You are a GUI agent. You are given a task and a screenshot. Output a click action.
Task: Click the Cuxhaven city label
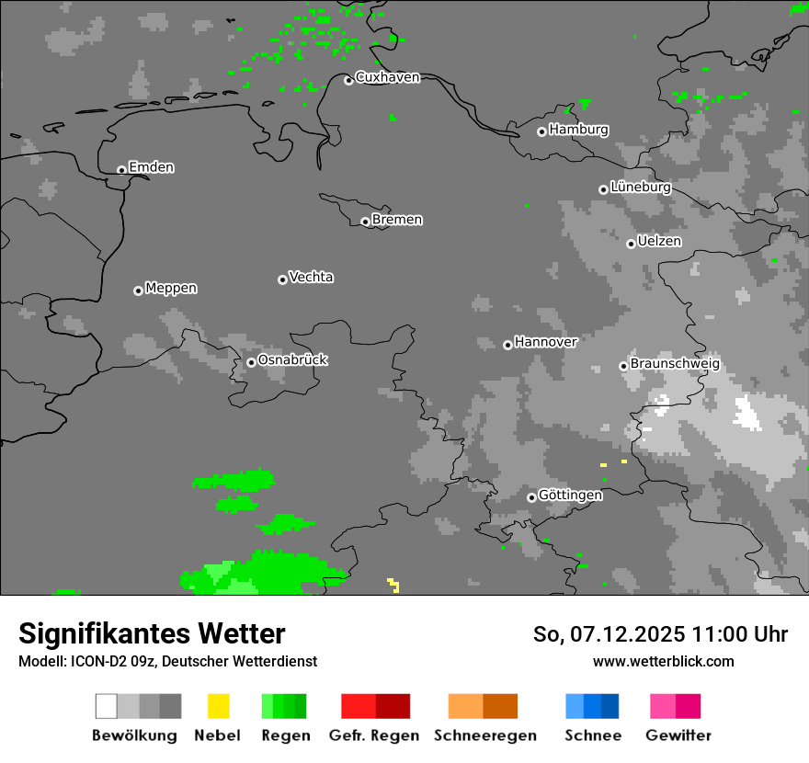click(x=387, y=77)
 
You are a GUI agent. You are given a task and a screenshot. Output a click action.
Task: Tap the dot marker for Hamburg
click(x=541, y=131)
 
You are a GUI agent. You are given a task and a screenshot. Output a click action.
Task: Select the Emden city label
click(x=151, y=167)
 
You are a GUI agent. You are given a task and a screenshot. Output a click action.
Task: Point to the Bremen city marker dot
click(x=365, y=222)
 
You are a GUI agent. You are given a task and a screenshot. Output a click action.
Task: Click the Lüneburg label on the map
click(x=640, y=187)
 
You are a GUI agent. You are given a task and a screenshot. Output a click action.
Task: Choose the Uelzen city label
click(x=659, y=241)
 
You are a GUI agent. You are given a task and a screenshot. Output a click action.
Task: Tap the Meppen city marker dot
click(x=138, y=290)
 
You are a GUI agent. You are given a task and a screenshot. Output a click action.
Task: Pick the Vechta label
click(x=311, y=277)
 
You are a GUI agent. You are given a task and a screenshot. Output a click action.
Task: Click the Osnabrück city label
click(x=292, y=359)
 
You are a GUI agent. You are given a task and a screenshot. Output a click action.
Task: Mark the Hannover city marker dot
click(x=507, y=345)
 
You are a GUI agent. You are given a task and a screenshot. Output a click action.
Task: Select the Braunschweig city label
click(x=675, y=363)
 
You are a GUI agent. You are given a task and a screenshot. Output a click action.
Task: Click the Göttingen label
click(x=570, y=495)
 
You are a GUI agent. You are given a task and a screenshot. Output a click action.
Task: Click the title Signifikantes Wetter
click(x=152, y=633)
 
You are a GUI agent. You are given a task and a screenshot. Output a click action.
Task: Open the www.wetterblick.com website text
click(x=663, y=661)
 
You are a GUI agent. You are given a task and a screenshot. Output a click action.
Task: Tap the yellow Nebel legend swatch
click(x=218, y=706)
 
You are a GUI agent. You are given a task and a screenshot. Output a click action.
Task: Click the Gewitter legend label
click(x=678, y=735)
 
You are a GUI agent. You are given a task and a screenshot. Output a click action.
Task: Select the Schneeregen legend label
click(x=485, y=735)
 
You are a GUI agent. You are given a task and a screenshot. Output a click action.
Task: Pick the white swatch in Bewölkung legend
click(x=107, y=706)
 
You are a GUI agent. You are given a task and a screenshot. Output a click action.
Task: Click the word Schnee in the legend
click(x=593, y=735)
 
